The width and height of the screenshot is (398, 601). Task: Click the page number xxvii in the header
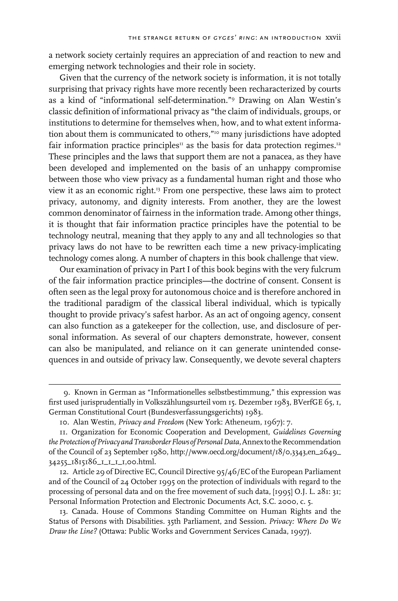[333, 38]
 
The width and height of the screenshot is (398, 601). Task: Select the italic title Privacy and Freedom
[151, 422]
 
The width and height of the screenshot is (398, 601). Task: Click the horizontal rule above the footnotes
[194, 385]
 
